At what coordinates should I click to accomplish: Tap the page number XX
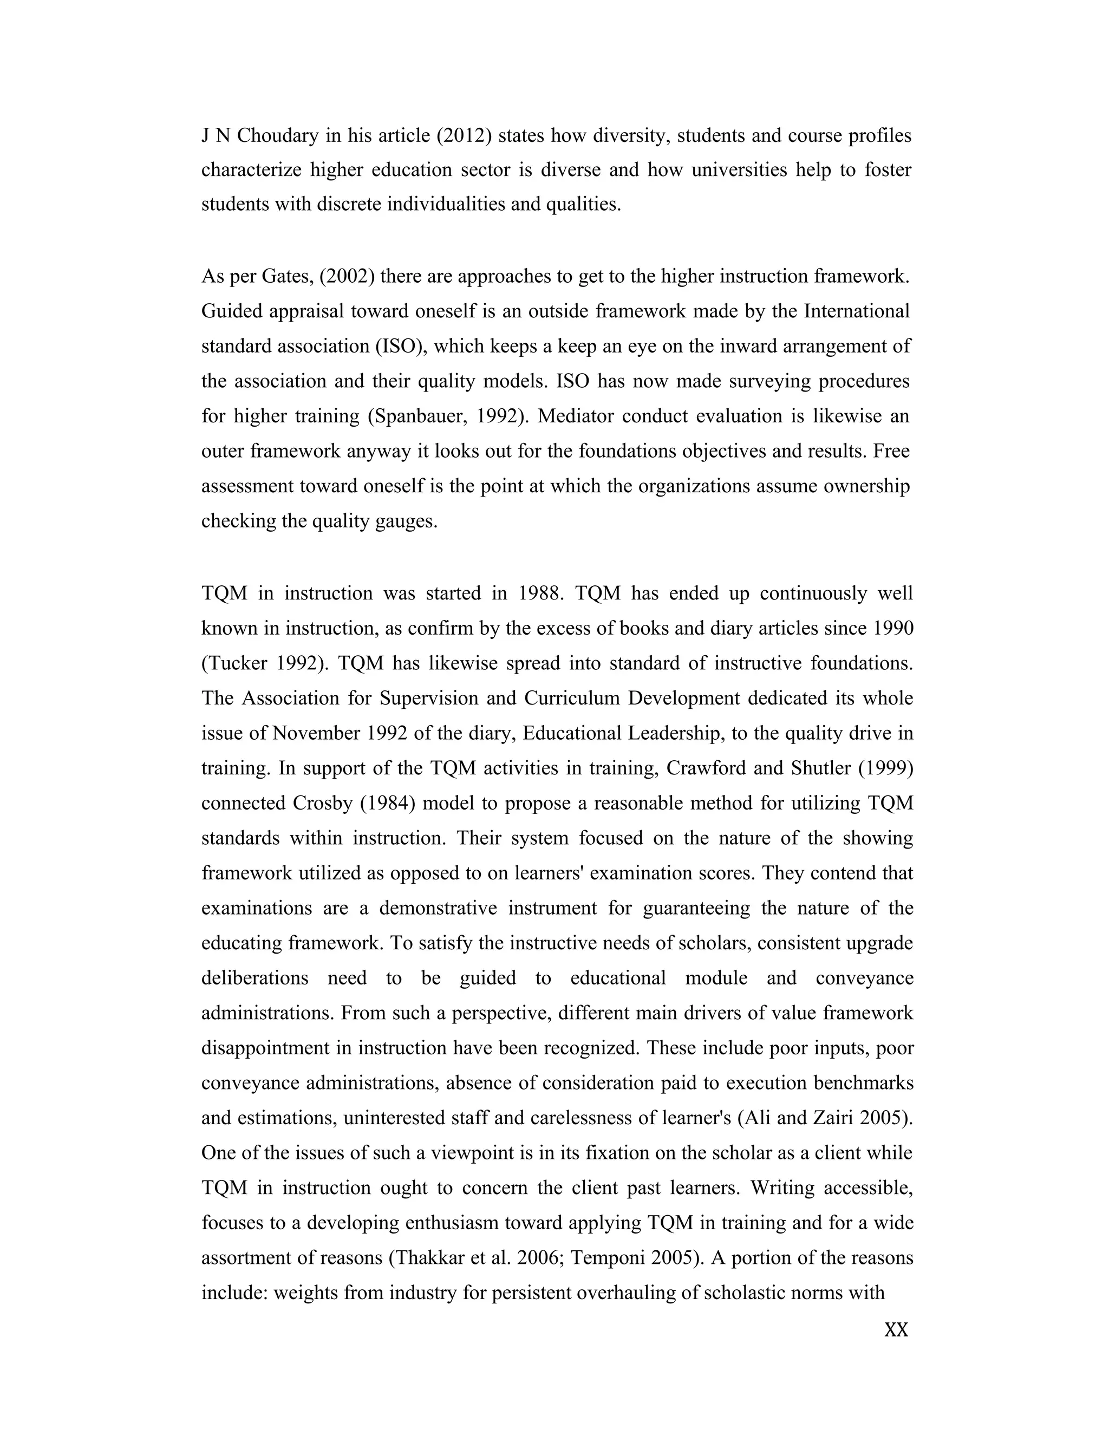coord(896,1330)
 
